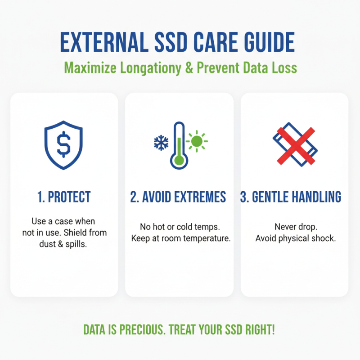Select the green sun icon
click(196, 141)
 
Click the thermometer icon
click(179, 145)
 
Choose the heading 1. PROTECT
click(64, 197)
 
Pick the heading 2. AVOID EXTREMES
click(179, 197)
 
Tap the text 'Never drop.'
click(295, 227)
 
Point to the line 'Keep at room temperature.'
click(180, 238)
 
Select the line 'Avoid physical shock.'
click(295, 238)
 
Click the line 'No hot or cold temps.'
click(180, 227)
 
